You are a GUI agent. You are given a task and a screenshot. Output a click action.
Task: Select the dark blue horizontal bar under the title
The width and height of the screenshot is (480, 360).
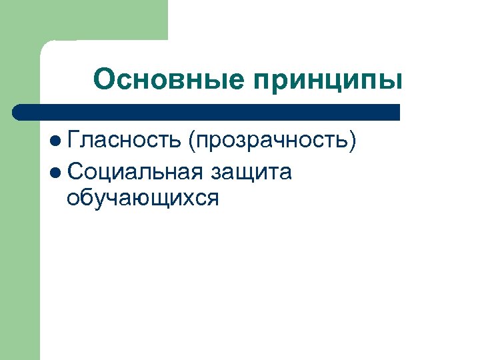(x=207, y=112)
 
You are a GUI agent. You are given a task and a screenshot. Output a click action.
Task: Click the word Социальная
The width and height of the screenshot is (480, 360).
(x=135, y=171)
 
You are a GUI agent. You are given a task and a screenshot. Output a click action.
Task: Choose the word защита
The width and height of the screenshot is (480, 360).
(x=251, y=172)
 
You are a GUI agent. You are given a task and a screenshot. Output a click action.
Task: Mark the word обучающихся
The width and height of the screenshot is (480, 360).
(x=143, y=198)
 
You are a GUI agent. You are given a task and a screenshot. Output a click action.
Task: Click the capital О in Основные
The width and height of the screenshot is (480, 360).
(x=104, y=80)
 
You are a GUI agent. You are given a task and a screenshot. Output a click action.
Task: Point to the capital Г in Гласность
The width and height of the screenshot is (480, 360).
(x=73, y=139)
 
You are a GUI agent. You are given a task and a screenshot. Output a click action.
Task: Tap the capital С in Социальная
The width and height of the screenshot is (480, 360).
(x=75, y=171)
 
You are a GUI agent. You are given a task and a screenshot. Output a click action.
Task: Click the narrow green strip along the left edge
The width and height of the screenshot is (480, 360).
(x=20, y=267)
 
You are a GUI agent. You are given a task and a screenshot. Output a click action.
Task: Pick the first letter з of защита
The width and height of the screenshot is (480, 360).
(x=217, y=172)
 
